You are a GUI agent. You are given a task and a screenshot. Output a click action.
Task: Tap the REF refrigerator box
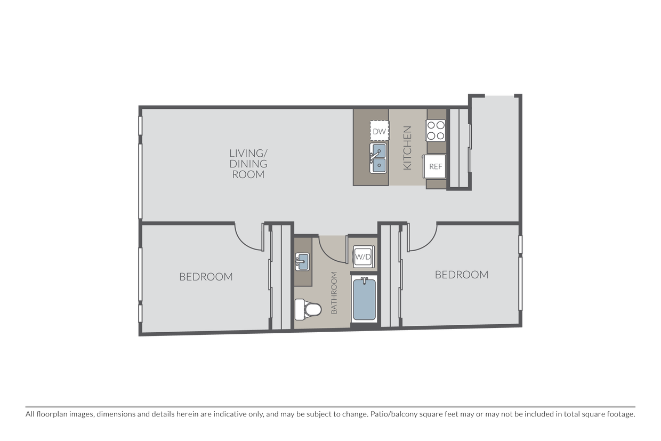coord(434,166)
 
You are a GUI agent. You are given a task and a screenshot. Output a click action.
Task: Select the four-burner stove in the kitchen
coord(436,130)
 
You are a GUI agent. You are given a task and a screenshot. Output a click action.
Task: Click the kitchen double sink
coord(378,158)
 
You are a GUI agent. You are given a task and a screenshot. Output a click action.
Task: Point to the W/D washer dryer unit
coord(364,256)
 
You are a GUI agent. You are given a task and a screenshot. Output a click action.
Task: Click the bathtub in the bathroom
coord(365,299)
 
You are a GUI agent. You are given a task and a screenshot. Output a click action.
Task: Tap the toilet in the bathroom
coord(308,309)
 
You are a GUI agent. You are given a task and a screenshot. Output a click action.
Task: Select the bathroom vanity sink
coord(302,261)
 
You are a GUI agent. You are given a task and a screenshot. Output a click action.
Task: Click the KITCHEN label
coord(407,148)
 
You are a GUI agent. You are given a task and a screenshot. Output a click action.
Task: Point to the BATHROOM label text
coord(334,293)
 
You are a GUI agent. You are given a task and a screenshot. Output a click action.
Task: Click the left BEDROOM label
coord(206,277)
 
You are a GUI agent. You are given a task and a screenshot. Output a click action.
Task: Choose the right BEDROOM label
coord(462,275)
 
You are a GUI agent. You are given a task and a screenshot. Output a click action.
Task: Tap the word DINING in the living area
coord(248,164)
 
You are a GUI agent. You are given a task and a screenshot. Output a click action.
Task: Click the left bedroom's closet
coord(281,277)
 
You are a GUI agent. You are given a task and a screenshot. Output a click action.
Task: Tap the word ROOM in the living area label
coord(248,174)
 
